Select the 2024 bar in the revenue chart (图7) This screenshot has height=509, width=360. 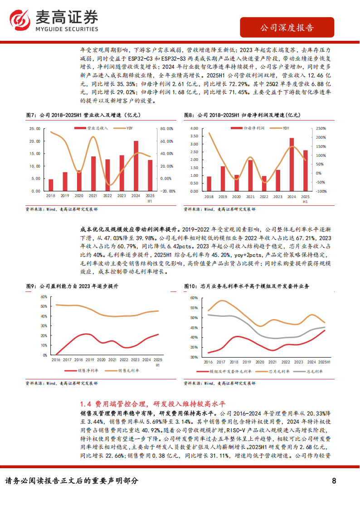coord(136,166)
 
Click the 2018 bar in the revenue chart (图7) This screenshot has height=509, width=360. coord(51,185)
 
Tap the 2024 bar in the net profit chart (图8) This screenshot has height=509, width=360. coord(292,164)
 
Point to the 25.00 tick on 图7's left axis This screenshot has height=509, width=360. coord(34,128)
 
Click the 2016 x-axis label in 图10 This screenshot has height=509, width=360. coord(208,362)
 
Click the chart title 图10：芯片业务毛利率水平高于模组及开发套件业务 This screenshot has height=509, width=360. coord(247,286)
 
